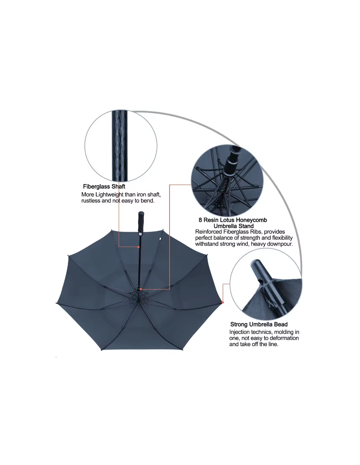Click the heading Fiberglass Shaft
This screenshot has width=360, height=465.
pyautogui.click(x=104, y=186)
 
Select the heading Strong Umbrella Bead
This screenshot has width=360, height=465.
pyautogui.click(x=259, y=324)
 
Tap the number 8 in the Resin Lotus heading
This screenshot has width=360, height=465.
pyautogui.click(x=200, y=220)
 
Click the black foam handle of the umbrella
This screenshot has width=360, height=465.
pyautogui.click(x=141, y=223)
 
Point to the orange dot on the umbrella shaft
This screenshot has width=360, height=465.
pyautogui.click(x=138, y=247)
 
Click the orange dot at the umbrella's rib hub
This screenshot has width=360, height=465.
pyautogui.click(x=141, y=289)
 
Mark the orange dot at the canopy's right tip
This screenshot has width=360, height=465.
pyautogui.click(x=223, y=302)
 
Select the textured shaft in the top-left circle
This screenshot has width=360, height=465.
pyautogui.click(x=119, y=146)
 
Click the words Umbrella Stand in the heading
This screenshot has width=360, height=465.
pyautogui.click(x=233, y=226)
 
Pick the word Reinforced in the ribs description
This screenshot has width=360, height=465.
pyautogui.click(x=208, y=232)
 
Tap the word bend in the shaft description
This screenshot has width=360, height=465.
pyautogui.click(x=148, y=201)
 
